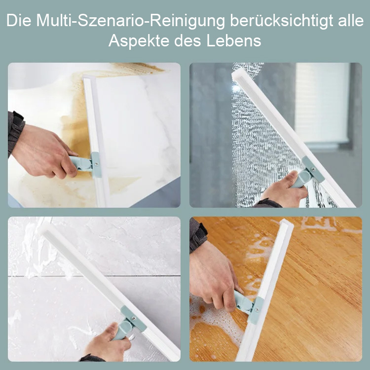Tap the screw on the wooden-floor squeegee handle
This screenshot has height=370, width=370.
[257, 309]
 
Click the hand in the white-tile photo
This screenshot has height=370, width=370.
[109, 342]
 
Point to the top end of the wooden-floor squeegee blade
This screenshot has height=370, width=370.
[287, 223]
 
